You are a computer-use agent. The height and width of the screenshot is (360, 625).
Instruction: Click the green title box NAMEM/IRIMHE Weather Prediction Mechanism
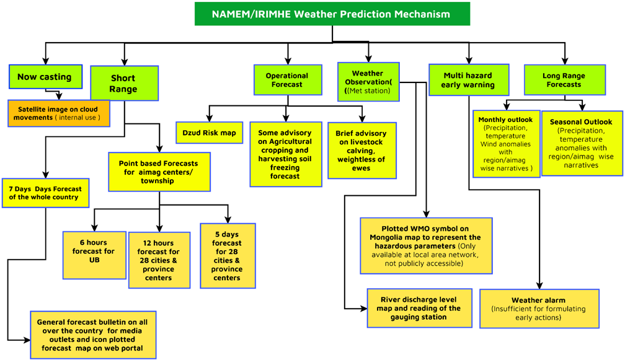(332, 14)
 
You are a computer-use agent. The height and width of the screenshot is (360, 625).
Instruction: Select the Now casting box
(45, 76)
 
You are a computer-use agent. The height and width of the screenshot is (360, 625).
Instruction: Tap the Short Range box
(125, 83)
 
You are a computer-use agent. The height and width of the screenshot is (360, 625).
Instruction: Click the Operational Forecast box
(288, 80)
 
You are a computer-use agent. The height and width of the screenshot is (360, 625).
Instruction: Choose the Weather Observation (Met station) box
(368, 82)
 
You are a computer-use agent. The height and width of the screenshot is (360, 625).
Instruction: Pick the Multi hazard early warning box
(469, 80)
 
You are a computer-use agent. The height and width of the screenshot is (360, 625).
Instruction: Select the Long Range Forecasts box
(565, 80)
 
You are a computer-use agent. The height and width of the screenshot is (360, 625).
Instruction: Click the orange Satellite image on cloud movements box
(59, 113)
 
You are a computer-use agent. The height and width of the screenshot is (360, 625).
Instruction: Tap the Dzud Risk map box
(210, 133)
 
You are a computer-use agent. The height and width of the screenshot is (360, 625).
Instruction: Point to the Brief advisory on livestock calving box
(362, 151)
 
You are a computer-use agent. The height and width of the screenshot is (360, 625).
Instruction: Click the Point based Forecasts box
(159, 172)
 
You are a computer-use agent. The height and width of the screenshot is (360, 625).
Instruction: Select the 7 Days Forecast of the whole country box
(45, 193)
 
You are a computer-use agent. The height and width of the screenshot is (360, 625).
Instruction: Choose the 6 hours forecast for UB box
(94, 255)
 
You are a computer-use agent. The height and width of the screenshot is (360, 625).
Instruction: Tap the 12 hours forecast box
(159, 260)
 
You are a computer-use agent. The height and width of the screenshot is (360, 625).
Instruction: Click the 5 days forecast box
(228, 256)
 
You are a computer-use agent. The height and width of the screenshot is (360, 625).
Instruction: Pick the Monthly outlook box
(506, 144)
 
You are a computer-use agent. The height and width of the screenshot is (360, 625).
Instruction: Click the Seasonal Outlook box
(582, 143)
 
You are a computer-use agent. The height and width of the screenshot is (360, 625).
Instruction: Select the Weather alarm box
(539, 309)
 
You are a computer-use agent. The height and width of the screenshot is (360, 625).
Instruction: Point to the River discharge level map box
(419, 308)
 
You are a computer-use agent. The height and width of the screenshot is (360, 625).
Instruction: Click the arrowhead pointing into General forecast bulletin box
(27, 340)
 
